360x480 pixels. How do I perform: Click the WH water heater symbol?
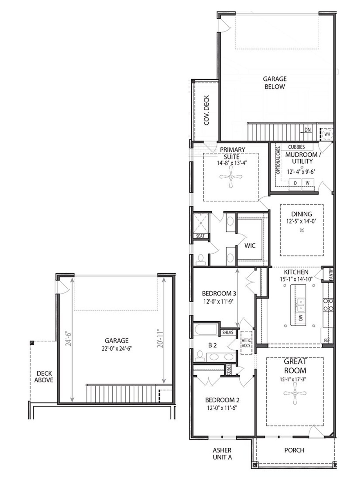pyautogui.click(x=327, y=134)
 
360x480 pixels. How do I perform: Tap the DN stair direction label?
pyautogui.click(x=307, y=130)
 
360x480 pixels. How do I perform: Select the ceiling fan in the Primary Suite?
pyautogui.click(x=231, y=177)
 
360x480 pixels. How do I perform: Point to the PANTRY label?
pyautogui.click(x=331, y=274)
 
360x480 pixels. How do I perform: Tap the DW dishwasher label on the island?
pyautogui.click(x=301, y=318)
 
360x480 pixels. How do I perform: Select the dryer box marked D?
pyautogui.click(x=295, y=183)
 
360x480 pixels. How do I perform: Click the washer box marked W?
pyautogui.click(x=308, y=183)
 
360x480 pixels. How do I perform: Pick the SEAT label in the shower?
pyautogui.click(x=200, y=236)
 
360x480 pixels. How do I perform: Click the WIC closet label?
pyautogui.click(x=250, y=246)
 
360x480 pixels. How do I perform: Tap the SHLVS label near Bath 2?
pyautogui.click(x=228, y=333)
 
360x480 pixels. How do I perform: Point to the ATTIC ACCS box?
pyautogui.click(x=246, y=343)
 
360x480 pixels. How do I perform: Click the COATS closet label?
pyautogui.click(x=229, y=369)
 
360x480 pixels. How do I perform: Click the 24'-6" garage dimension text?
pyautogui.click(x=68, y=339)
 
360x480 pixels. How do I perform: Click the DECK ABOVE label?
pyautogui.click(x=44, y=377)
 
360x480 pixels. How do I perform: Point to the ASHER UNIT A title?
pyautogui.click(x=222, y=454)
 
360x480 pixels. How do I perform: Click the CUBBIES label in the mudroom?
pyautogui.click(x=296, y=147)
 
